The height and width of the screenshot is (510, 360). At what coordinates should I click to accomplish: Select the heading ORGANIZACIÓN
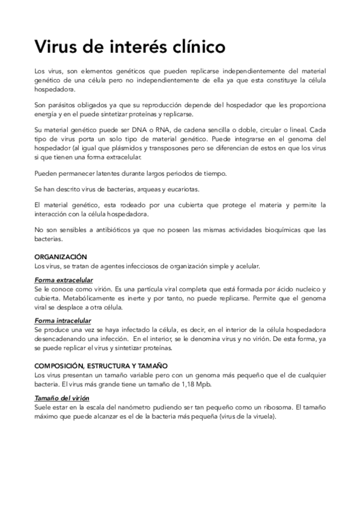coord(61,256)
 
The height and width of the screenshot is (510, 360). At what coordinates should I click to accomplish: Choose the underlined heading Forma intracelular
coord(63,321)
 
